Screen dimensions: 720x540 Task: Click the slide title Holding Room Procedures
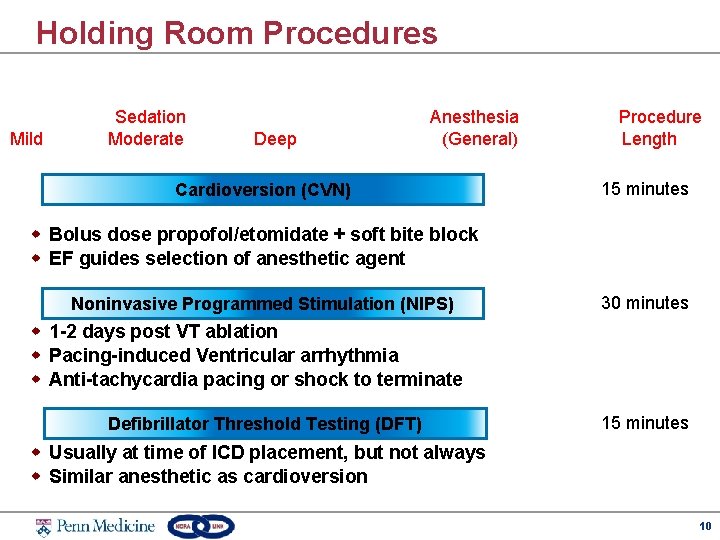click(237, 33)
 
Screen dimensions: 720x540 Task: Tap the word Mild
click(26, 139)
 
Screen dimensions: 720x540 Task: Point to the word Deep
click(275, 139)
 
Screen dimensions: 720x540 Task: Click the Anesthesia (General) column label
click(475, 128)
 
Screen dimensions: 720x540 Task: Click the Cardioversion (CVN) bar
click(263, 190)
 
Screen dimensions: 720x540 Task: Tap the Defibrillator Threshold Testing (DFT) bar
click(265, 424)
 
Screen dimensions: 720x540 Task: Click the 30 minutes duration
click(644, 303)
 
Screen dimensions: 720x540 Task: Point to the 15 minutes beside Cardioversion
click(644, 189)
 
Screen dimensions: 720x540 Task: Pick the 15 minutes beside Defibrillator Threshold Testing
click(644, 423)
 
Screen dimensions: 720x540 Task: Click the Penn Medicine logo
click(95, 525)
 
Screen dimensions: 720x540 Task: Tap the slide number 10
click(705, 526)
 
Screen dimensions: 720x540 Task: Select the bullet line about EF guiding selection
click(227, 259)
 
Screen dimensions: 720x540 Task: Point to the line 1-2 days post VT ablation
click(163, 332)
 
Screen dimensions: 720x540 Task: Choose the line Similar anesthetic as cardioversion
click(208, 477)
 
